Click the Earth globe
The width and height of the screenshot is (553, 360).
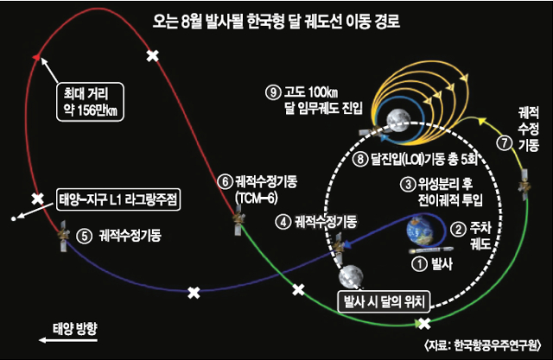pyautogui.click(x=421, y=231)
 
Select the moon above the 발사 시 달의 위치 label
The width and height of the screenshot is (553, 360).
pyautogui.click(x=351, y=277)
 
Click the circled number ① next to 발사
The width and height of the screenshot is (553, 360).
pyautogui.click(x=420, y=264)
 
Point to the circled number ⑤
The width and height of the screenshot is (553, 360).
pyautogui.click(x=85, y=236)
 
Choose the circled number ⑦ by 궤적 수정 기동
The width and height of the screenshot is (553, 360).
pyautogui.click(x=505, y=142)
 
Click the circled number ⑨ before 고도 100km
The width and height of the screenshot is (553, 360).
pyautogui.click(x=273, y=93)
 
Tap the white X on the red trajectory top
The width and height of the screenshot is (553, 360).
pyautogui.click(x=153, y=55)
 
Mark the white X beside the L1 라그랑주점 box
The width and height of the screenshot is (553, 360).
pyautogui.click(x=37, y=199)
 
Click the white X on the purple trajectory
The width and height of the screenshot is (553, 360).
pyautogui.click(x=194, y=293)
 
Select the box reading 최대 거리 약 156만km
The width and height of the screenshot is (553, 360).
pyautogui.click(x=90, y=102)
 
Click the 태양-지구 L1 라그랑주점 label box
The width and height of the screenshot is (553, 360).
pyautogui.click(x=118, y=200)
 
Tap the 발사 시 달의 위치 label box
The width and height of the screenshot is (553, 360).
pyautogui.click(x=384, y=302)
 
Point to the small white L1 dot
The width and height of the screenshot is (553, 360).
pyautogui.click(x=14, y=218)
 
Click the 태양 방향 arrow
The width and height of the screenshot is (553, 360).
pyautogui.click(x=68, y=340)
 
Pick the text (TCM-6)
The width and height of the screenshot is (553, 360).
pyautogui.click(x=257, y=199)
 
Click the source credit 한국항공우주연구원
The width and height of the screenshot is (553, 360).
pyautogui.click(x=497, y=345)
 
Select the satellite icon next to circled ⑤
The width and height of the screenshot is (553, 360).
pyautogui.click(x=63, y=236)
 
